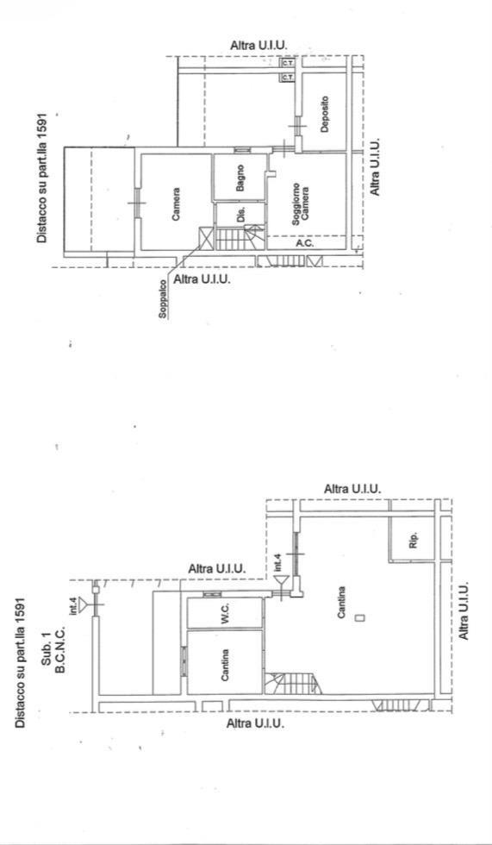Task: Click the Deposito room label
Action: tap(324, 114)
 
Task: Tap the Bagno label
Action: tap(240, 178)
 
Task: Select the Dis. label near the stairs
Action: tap(240, 214)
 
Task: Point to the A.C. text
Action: tap(305, 243)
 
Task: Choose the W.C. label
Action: tap(226, 613)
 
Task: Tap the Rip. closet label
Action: tap(414, 541)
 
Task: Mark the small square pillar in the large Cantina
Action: tap(361, 617)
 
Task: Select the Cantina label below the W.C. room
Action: tap(226, 665)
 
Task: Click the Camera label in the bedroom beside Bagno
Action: tap(176, 203)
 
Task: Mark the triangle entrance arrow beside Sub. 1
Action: tap(84, 605)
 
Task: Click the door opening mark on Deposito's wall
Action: tap(296, 126)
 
